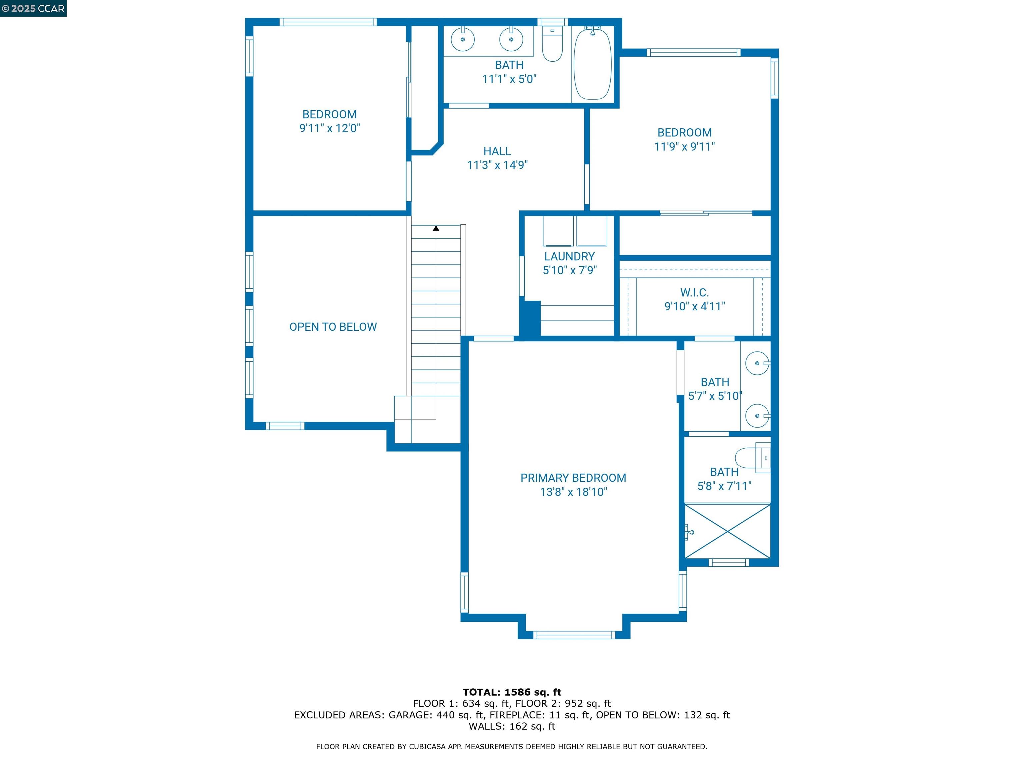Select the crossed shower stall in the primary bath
tap(728, 531)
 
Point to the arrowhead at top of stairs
tap(436, 228)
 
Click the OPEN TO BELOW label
tap(333, 327)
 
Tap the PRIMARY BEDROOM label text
tap(573, 478)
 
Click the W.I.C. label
tap(694, 293)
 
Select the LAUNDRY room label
tap(569, 256)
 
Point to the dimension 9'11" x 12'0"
tap(330, 128)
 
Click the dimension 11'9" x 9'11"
tap(684, 147)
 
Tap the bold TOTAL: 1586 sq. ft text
tap(512, 692)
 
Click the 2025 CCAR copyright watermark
tap(33, 8)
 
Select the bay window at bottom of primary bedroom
tap(574, 635)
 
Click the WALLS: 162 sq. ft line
tap(512, 726)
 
